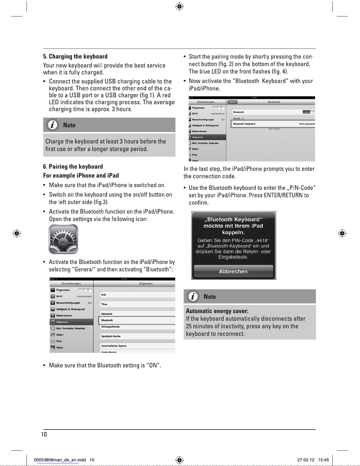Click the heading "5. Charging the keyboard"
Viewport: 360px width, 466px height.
[75, 56]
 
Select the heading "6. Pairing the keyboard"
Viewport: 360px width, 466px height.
[73, 167]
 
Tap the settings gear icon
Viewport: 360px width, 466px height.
[63, 239]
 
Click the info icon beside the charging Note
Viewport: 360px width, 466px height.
[53, 125]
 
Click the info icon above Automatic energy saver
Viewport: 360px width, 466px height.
[193, 296]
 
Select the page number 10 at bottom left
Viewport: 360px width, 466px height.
[44, 434]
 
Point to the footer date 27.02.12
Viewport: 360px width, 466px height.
[306, 460]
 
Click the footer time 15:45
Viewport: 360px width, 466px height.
[323, 460]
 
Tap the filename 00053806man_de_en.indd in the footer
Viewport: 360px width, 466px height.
[60, 460]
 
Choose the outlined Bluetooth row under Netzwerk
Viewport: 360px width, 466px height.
[137, 320]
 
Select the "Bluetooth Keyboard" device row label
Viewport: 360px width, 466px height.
[244, 124]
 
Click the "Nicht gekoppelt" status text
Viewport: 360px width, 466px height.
[307, 124]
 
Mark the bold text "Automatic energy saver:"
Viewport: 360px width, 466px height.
[217, 311]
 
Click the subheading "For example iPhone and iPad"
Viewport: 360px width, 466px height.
[81, 176]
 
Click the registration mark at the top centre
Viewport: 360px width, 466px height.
[179, 6]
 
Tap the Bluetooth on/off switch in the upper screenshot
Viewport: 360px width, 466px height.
[309, 112]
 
